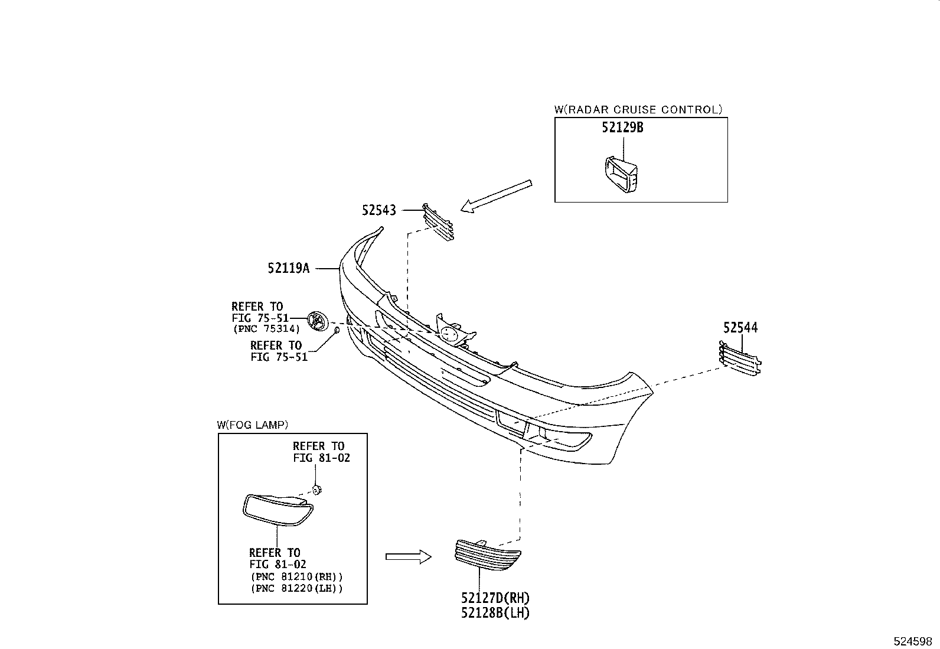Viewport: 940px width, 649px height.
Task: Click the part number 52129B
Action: [x=622, y=127]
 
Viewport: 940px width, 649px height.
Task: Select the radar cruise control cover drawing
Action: [x=621, y=174]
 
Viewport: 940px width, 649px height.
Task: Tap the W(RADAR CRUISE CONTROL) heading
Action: [x=638, y=109]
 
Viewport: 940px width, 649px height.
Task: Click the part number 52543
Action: [x=379, y=210]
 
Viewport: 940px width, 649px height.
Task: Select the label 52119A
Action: [x=288, y=268]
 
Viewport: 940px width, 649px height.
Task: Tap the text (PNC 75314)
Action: [x=266, y=329]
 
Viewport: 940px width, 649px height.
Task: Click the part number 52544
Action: [x=741, y=328]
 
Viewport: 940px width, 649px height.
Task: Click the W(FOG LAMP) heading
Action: [x=252, y=425]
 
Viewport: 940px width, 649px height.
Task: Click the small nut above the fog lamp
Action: [x=316, y=489]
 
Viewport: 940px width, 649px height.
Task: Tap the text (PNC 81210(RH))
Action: [x=296, y=576]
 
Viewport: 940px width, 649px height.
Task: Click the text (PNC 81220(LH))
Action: [x=296, y=588]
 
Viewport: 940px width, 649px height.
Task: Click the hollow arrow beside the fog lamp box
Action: [x=408, y=556]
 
